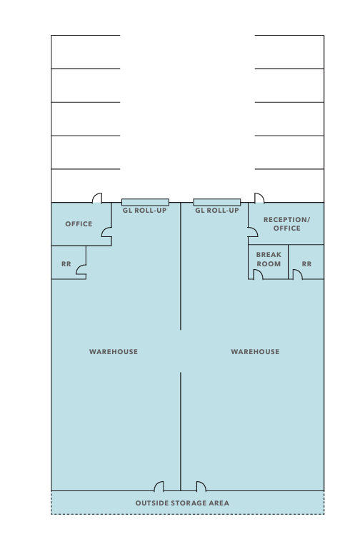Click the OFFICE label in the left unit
[79, 223]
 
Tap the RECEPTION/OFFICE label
[287, 223]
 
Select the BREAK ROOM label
[269, 259]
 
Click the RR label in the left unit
[66, 264]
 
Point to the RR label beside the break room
[306, 264]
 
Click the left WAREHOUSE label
[114, 351]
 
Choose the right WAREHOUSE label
[255, 351]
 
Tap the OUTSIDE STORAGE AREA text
[182, 503]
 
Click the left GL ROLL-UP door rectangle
[145, 202]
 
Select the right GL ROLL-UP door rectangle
[217, 202]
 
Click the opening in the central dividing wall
[181, 351]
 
